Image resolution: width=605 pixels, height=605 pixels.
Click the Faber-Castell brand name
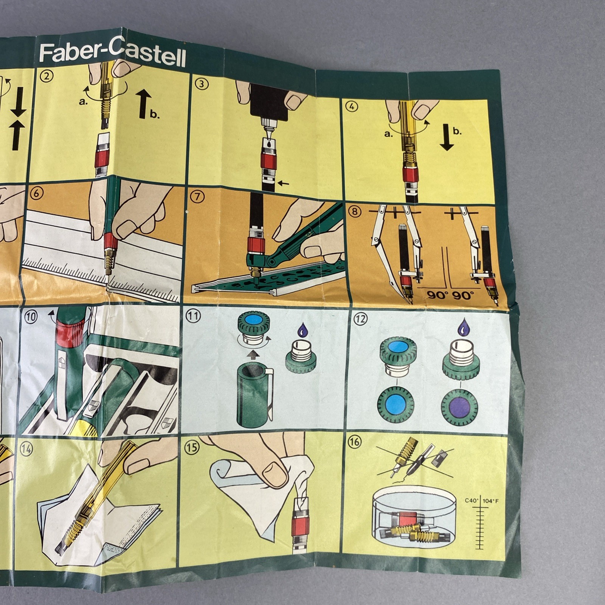tap(112, 55)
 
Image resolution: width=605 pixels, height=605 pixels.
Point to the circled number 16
tap(354, 442)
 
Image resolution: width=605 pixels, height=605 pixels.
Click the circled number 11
tap(193, 316)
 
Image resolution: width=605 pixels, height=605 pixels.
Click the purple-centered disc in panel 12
tap(460, 408)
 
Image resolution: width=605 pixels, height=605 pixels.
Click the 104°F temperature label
tap(491, 501)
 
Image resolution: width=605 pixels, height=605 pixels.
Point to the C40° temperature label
tap(472, 501)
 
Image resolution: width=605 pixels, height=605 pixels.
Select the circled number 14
tap(27, 449)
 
